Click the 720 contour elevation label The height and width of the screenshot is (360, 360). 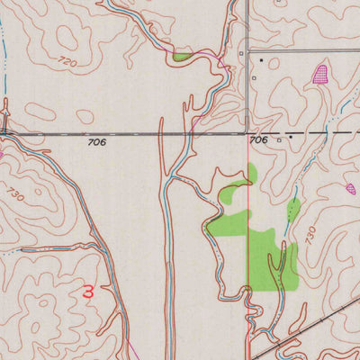(x=65, y=60)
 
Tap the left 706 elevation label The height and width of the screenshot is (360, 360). (x=97, y=142)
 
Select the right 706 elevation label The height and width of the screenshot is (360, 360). (x=258, y=140)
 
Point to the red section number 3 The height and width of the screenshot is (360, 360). (x=87, y=292)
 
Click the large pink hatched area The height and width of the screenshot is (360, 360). (x=319, y=74)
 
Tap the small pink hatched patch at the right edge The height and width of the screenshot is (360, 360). (x=351, y=189)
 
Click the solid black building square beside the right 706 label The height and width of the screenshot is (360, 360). (x=290, y=139)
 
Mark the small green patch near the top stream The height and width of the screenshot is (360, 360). (x=183, y=58)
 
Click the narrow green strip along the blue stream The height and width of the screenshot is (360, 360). (x=293, y=210)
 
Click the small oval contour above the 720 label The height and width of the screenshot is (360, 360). (x=67, y=36)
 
